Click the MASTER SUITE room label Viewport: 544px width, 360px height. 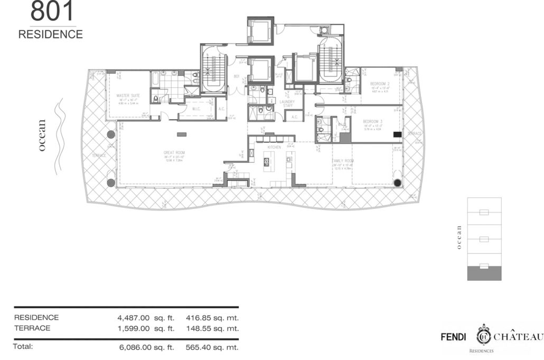click(x=128, y=96)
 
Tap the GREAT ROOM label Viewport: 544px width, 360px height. click(x=174, y=152)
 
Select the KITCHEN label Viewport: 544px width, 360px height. click(x=274, y=146)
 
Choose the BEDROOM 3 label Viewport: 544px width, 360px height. click(x=372, y=122)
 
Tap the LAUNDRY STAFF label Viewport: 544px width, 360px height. click(x=287, y=104)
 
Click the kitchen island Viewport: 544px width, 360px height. click(x=266, y=160)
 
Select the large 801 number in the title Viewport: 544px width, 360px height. click(x=52, y=12)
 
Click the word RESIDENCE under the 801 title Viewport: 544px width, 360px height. click(x=51, y=34)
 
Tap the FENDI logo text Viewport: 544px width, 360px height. click(x=455, y=337)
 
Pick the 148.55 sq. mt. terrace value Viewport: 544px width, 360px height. click(x=212, y=328)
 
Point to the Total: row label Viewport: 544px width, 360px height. click(x=23, y=347)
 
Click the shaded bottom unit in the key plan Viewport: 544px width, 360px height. click(x=484, y=273)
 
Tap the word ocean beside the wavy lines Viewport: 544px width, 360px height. click(x=42, y=136)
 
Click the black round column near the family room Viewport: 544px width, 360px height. click(x=397, y=183)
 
